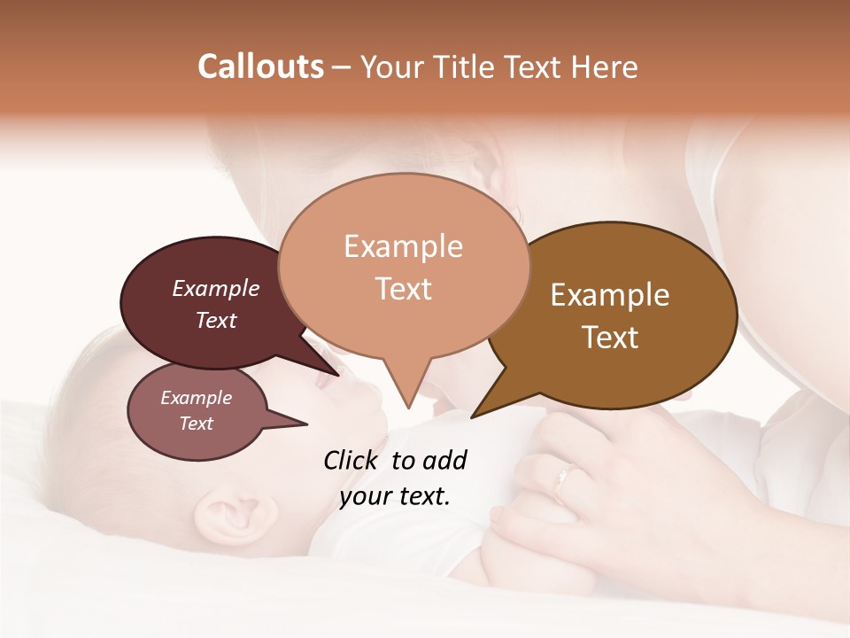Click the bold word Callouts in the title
pyautogui.click(x=260, y=66)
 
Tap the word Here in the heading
pyautogui.click(x=606, y=66)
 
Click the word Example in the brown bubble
pyautogui.click(x=610, y=295)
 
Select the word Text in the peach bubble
pyautogui.click(x=404, y=289)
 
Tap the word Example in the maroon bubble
pyautogui.click(x=216, y=289)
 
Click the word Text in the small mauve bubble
pyautogui.click(x=197, y=424)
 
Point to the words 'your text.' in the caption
pyautogui.click(x=395, y=495)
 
